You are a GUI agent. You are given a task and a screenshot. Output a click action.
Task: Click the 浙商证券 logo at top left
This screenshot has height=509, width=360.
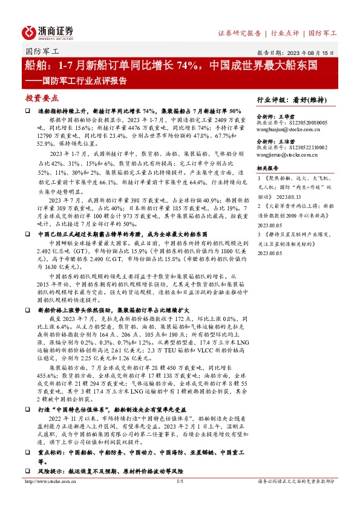[48, 31]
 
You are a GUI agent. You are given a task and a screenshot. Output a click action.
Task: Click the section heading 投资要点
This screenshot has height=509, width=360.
[42, 97]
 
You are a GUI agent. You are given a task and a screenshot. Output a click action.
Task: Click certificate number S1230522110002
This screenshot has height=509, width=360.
[306, 148]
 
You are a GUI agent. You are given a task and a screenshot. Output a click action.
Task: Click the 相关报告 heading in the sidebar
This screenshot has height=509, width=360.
[268, 167]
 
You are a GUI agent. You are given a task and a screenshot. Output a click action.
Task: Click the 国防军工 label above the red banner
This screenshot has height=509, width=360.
[38, 51]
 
